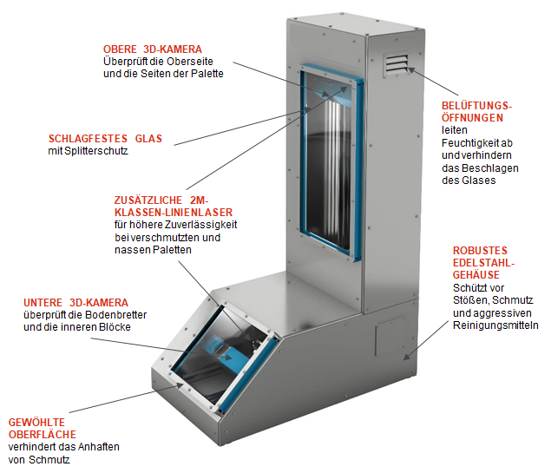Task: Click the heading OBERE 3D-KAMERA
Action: click(x=153, y=49)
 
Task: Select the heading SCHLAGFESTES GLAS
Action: click(x=105, y=139)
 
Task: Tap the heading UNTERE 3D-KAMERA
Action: click(x=75, y=303)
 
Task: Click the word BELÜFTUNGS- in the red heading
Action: click(x=477, y=106)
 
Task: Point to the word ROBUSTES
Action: click(x=480, y=251)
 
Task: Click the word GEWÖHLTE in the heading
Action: click(x=36, y=422)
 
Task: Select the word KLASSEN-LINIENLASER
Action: click(x=174, y=213)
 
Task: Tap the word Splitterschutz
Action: click(x=96, y=151)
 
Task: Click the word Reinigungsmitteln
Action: click(x=495, y=325)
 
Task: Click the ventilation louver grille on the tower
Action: click(x=397, y=64)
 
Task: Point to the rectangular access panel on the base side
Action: click(x=391, y=336)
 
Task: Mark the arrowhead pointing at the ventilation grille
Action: click(x=411, y=70)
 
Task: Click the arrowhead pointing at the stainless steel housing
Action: click(x=407, y=356)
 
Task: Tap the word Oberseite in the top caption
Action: click(x=190, y=62)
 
